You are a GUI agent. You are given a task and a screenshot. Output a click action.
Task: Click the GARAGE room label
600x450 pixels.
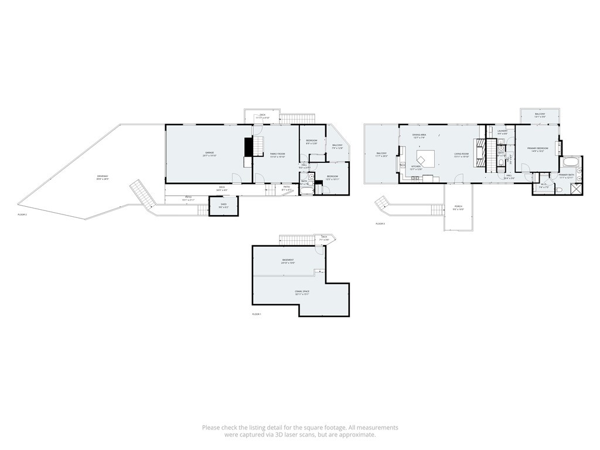209,153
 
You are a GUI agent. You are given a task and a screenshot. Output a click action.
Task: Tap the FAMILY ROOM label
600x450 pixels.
277,154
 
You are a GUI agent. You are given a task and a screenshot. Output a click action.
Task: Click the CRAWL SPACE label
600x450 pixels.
302,291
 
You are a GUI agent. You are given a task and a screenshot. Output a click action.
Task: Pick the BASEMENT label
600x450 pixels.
288,260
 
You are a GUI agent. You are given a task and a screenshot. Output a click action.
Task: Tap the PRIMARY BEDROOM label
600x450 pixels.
537,148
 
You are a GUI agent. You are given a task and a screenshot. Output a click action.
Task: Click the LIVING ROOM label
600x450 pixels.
461,154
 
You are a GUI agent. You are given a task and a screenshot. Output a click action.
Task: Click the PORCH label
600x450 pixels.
458,206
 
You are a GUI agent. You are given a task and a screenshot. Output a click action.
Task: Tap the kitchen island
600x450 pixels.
425,158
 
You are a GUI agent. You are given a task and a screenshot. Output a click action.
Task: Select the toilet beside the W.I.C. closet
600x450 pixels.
557,190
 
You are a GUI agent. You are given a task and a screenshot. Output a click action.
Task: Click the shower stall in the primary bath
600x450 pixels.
576,189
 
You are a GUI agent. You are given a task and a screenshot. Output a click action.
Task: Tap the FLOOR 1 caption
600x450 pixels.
256,315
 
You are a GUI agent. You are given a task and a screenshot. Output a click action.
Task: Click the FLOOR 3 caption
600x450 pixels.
380,223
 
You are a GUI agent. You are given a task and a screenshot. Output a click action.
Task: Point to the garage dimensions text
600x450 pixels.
209,156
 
